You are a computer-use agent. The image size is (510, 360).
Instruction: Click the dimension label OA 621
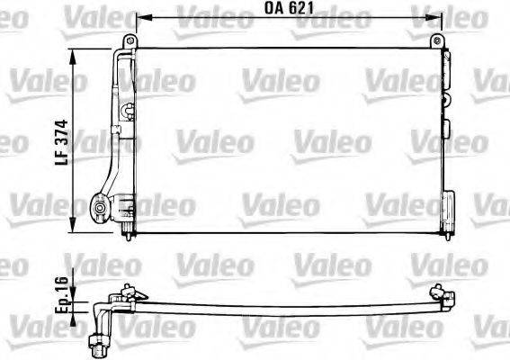[x=290, y=11]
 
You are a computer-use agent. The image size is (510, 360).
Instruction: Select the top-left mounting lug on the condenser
[x=130, y=42]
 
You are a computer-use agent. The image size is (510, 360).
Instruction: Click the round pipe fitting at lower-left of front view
[x=99, y=209]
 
